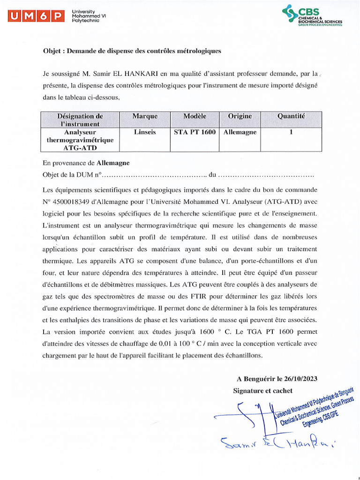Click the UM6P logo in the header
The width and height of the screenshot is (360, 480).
pos(36,17)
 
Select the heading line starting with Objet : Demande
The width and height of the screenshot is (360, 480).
pos(132,51)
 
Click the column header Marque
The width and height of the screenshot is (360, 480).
pos(145,116)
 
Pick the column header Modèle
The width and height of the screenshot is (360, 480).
pos(195,116)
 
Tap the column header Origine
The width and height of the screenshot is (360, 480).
pos(240,116)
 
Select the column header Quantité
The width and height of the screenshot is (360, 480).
pos(291,116)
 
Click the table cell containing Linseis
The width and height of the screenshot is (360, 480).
pos(145,132)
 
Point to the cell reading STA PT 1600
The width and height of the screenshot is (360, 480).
pos(195,132)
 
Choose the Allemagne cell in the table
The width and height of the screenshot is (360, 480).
pos(240,132)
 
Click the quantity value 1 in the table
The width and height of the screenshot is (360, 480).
pos(291,132)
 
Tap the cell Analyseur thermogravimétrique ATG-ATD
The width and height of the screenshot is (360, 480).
pos(80,140)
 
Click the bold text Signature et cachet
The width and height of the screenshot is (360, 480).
pos(262,390)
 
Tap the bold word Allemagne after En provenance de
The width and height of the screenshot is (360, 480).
pos(113,163)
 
